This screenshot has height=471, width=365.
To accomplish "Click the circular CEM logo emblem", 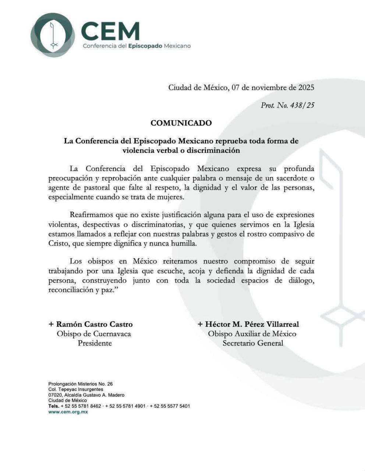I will (x=54, y=35).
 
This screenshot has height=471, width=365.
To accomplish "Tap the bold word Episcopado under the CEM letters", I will (x=145, y=46).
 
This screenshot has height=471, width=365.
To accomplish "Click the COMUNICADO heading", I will (x=181, y=123).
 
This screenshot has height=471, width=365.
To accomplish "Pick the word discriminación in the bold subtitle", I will (x=213, y=150).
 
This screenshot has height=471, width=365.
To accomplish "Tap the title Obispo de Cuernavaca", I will (x=93, y=334).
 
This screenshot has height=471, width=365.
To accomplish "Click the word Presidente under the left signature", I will (x=95, y=343).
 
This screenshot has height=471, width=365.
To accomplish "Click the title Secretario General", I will (x=253, y=343).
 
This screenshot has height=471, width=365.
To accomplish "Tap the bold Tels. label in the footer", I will (x=54, y=406).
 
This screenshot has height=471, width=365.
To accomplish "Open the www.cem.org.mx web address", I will (x=68, y=412).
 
